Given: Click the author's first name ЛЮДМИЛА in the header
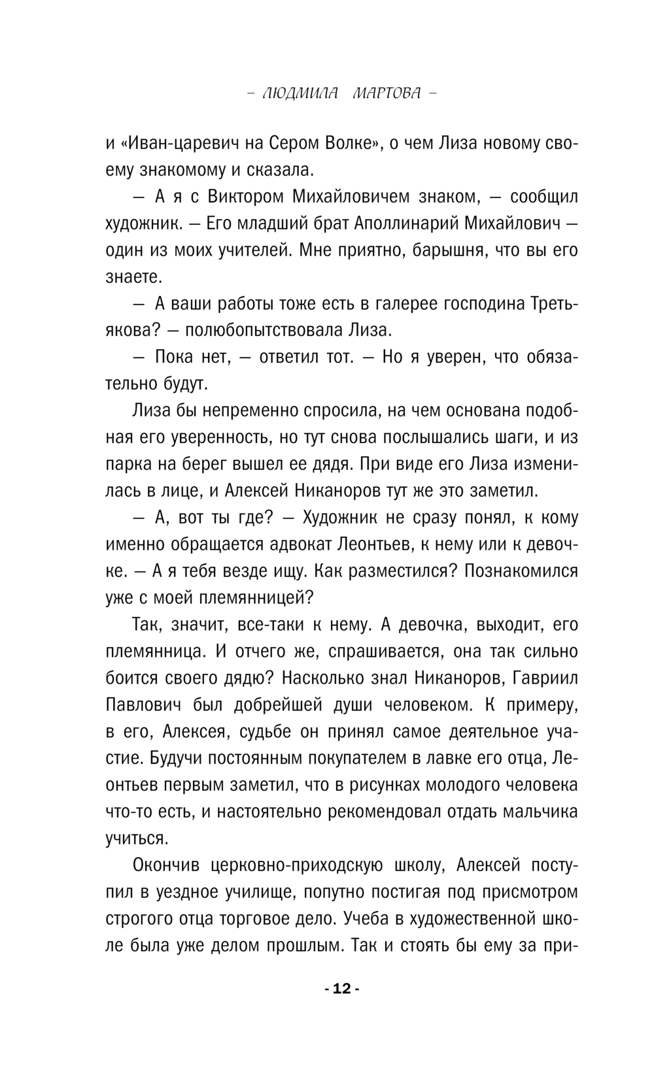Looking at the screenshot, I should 300,93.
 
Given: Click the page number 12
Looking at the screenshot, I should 342,988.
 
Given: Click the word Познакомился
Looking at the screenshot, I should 521,571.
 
